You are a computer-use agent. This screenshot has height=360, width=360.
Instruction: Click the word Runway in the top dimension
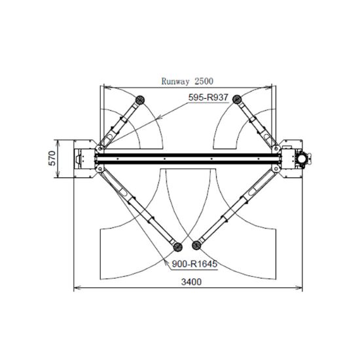175,81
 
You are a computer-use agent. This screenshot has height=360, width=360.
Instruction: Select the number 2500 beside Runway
204,81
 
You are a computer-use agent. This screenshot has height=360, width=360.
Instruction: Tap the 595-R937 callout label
208,98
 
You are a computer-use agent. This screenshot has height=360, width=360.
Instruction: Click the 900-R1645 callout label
194,264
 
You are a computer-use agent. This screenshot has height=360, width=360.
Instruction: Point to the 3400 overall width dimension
191,281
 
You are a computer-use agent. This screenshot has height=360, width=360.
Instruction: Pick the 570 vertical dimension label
52,158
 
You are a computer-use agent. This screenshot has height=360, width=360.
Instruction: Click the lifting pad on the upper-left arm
140,100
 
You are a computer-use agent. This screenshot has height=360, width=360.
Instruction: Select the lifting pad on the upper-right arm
237,99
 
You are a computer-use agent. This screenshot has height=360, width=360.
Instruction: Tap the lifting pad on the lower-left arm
177,247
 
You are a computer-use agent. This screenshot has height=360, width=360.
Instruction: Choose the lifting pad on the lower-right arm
196,245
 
